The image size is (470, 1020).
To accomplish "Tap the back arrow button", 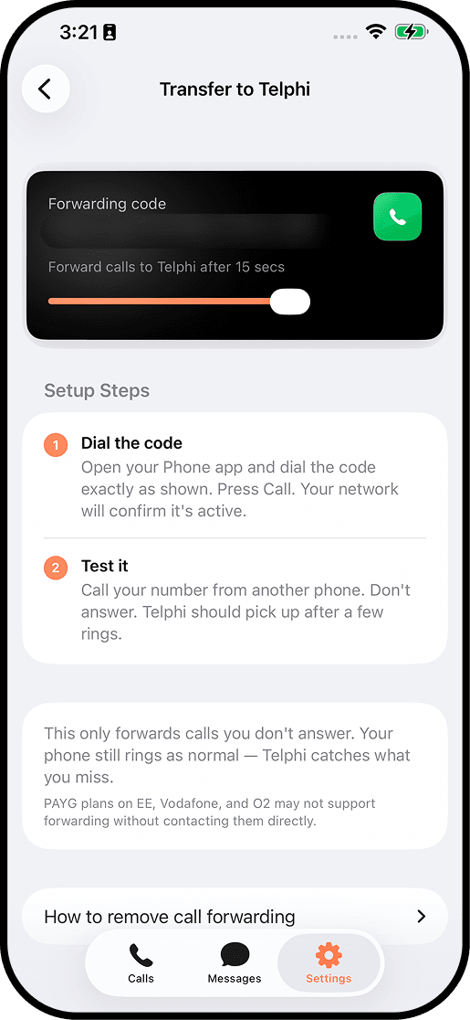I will click(46, 90).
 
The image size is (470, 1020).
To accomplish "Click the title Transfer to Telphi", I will click(235, 90).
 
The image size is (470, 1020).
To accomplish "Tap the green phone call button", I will click(397, 217).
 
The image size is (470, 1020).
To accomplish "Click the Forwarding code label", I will click(107, 204).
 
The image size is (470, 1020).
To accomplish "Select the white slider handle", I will click(290, 302).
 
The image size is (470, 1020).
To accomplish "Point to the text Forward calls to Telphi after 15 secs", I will click(166, 268).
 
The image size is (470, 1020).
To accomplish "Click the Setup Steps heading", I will click(97, 391).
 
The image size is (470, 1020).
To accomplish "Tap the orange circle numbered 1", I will click(56, 445).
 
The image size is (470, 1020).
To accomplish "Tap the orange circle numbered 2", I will click(56, 568).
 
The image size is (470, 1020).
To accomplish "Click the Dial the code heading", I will click(131, 443).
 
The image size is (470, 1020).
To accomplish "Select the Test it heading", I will click(104, 567).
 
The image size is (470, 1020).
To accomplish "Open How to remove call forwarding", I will click(170, 916).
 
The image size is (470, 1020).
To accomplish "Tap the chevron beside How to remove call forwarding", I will click(421, 916).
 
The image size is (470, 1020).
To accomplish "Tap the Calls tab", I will click(141, 963).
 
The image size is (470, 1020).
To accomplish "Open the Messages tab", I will click(235, 963).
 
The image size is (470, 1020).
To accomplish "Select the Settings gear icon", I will click(329, 956).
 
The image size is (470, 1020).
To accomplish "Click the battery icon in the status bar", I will click(410, 32).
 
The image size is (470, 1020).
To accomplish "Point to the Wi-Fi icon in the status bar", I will click(375, 32).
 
